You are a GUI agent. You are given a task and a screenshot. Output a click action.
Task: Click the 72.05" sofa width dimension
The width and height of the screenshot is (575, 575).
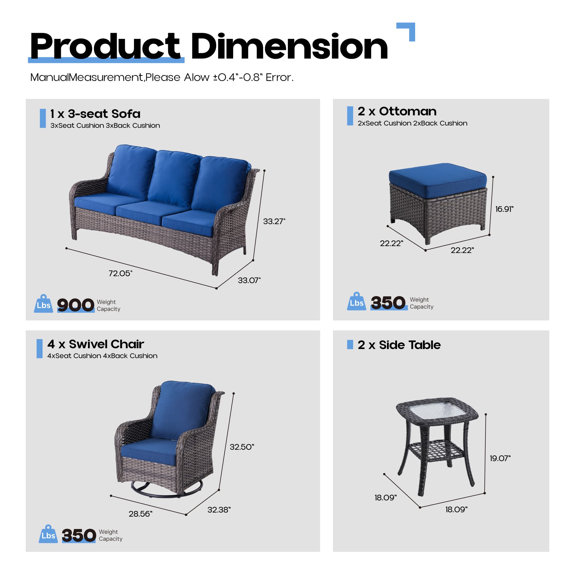tap(120, 273)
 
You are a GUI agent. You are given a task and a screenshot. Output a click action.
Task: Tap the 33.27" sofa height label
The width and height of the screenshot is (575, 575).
tap(274, 221)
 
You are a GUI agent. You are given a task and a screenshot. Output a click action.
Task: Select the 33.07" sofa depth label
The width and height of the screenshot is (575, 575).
tap(249, 280)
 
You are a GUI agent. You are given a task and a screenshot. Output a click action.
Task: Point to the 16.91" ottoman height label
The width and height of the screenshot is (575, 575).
tap(504, 209)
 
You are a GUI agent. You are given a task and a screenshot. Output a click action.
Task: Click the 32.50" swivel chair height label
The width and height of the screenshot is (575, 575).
tap(242, 447)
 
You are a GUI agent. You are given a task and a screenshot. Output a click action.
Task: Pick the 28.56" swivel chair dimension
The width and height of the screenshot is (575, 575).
tap(140, 514)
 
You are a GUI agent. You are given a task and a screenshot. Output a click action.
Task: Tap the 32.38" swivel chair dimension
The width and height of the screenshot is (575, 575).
tap(219, 509)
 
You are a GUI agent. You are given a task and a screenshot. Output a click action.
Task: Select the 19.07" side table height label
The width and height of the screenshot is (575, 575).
tap(500, 458)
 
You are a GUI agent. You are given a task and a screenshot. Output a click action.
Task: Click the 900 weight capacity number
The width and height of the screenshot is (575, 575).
tap(76, 305)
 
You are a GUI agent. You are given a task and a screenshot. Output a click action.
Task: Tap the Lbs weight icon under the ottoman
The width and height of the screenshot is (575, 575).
tap(356, 302)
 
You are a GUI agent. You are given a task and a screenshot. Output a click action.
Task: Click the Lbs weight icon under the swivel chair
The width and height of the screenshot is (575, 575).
tap(48, 534)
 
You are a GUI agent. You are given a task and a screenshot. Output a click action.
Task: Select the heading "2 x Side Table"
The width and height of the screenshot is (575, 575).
tap(399, 345)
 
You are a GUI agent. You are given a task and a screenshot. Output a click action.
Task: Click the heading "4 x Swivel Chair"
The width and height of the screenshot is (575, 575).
tap(95, 344)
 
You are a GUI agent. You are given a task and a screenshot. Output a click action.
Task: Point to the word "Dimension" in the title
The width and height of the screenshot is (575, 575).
tap(289, 47)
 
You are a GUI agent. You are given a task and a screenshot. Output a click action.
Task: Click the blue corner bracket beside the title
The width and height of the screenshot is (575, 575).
tap(408, 30)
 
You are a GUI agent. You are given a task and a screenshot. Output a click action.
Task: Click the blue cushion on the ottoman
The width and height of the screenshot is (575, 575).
tap(438, 179)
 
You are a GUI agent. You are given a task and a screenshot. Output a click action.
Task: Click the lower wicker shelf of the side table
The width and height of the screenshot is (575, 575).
tap(436, 451)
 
